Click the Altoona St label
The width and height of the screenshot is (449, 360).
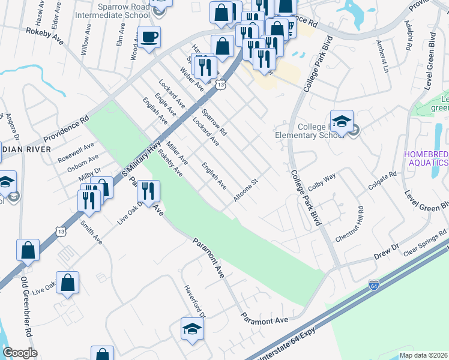click(x=246, y=189)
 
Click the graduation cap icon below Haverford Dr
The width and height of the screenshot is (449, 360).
click(x=192, y=329)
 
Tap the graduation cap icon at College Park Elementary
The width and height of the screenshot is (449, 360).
click(x=341, y=122)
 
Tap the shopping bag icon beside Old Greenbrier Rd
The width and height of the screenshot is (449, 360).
click(x=28, y=251)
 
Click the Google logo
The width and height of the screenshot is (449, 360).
click(x=20, y=353)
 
